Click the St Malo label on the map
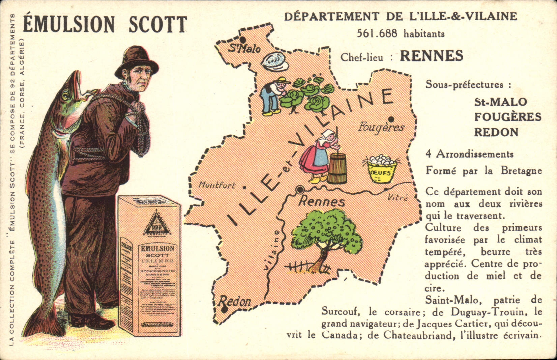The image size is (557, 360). click(245, 48)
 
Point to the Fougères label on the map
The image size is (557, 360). click(381, 127)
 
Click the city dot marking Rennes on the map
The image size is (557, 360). click(299, 190)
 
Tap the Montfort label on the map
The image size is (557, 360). click(217, 185)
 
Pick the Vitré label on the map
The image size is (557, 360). click(398, 197)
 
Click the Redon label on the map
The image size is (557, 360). click(236, 301)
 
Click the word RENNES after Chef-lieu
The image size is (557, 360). click(432, 56)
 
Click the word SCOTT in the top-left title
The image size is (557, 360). click(158, 24)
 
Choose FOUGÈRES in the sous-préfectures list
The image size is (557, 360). click(507, 117)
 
